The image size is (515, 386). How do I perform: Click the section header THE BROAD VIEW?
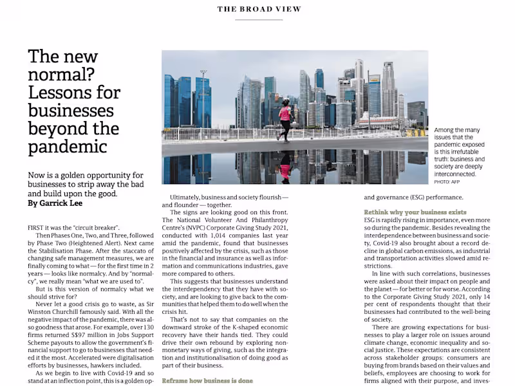point(259,9)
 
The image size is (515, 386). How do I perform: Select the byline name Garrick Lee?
point(62,203)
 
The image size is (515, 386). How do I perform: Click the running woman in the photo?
point(284,120)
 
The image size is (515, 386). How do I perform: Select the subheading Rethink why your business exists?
point(415,212)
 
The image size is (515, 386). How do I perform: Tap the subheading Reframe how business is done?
point(207,380)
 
